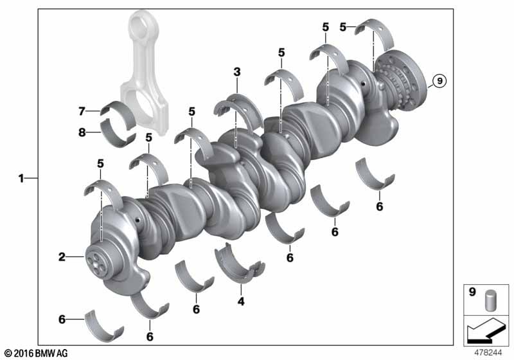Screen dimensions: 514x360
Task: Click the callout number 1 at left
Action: pyautogui.click(x=21, y=178)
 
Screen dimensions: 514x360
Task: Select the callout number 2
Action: pyautogui.click(x=62, y=257)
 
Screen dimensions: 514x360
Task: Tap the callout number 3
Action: pyautogui.click(x=237, y=72)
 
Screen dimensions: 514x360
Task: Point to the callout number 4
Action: pyautogui.click(x=241, y=301)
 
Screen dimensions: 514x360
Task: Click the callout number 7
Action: pyautogui.click(x=82, y=111)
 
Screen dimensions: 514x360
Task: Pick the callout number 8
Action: pyautogui.click(x=82, y=132)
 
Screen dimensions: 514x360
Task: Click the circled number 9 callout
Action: pyautogui.click(x=439, y=80)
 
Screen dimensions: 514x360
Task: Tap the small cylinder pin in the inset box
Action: pyautogui.click(x=490, y=300)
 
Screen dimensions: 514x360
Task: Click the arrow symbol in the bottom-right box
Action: pyautogui.click(x=486, y=330)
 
